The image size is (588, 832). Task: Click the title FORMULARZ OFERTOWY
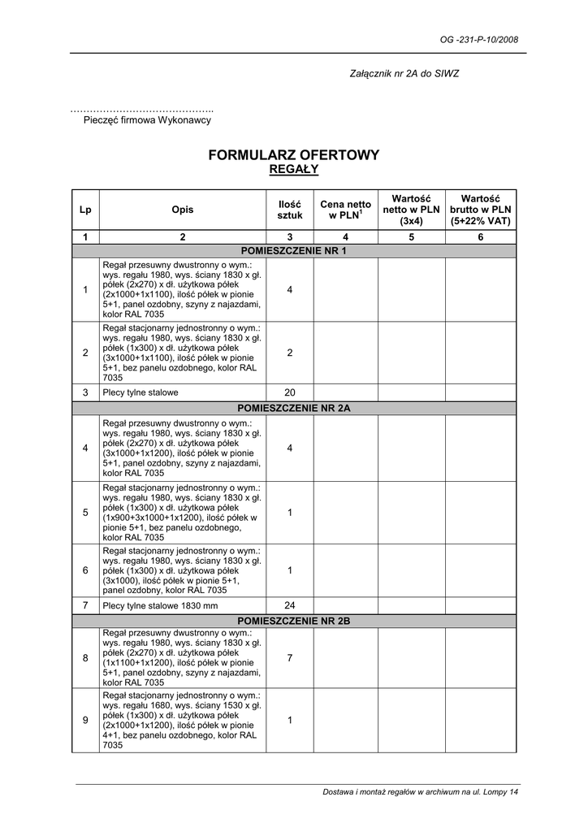pyautogui.click(x=293, y=154)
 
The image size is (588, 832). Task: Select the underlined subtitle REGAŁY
pyautogui.click(x=293, y=170)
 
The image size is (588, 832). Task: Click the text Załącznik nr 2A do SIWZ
pyautogui.click(x=404, y=74)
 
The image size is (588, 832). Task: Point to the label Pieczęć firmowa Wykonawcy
pyautogui.click(x=147, y=120)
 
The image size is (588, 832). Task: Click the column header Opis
pyautogui.click(x=183, y=210)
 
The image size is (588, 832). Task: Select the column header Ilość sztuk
pyautogui.click(x=289, y=210)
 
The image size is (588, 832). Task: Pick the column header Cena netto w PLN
pyautogui.click(x=345, y=210)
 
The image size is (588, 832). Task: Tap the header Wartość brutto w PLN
pyautogui.click(x=481, y=210)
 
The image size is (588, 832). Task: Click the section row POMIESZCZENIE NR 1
pyautogui.click(x=294, y=251)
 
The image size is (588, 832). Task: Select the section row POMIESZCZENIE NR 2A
pyautogui.click(x=294, y=408)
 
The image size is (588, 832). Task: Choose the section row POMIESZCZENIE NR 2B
pyautogui.click(x=294, y=621)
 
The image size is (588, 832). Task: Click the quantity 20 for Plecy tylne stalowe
pyautogui.click(x=289, y=392)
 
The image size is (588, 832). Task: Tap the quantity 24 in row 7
pyautogui.click(x=289, y=605)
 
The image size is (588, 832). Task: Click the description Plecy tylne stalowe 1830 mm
pyautogui.click(x=160, y=605)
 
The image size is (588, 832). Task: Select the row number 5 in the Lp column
pyautogui.click(x=85, y=513)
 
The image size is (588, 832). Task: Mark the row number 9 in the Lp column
pyautogui.click(x=85, y=720)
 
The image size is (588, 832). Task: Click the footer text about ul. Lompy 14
pyautogui.click(x=420, y=792)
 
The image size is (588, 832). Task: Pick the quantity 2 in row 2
pyautogui.click(x=289, y=353)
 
